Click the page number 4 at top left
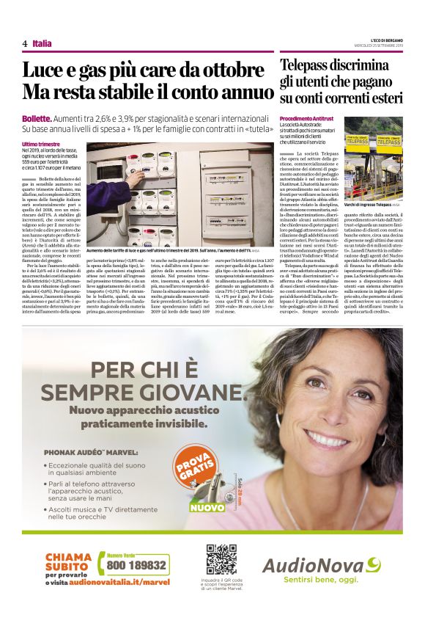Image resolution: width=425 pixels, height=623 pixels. [x=25, y=44]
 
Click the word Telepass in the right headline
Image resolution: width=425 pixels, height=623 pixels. [x=308, y=65]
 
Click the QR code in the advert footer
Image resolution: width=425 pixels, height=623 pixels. [x=221, y=559]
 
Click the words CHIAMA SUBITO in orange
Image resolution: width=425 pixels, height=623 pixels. [x=67, y=561]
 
